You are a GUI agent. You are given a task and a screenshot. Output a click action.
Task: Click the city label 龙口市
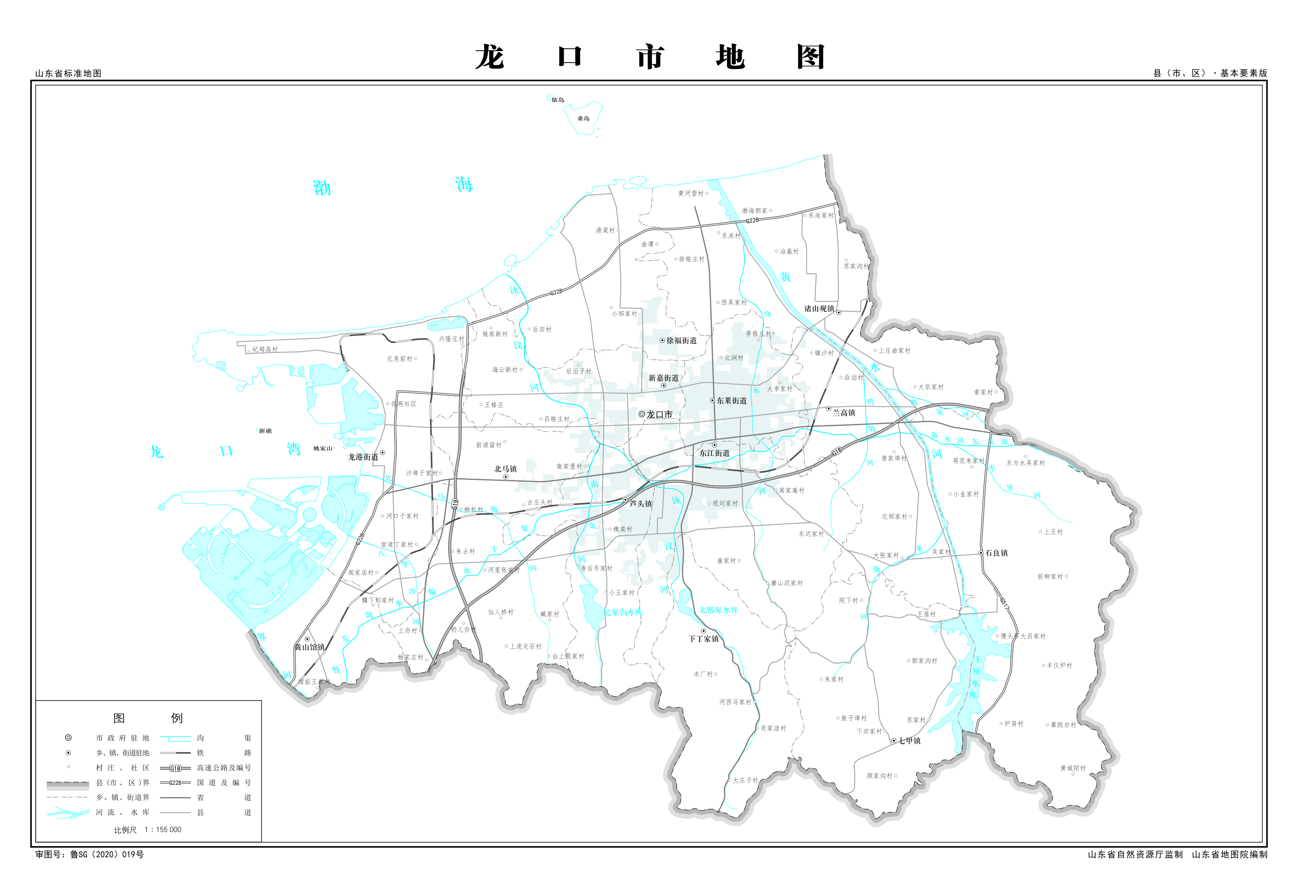(659, 414)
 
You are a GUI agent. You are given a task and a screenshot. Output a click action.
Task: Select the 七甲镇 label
(909, 741)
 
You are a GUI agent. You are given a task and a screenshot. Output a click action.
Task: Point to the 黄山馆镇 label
(310, 647)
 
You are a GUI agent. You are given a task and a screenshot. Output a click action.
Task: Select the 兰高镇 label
(843, 413)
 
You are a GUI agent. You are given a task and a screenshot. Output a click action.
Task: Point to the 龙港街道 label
(363, 456)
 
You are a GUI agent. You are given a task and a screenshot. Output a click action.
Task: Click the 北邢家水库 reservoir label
(719, 610)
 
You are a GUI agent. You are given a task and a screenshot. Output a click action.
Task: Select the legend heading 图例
(148, 718)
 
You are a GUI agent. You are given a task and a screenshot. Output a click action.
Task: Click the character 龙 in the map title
(490, 57)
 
